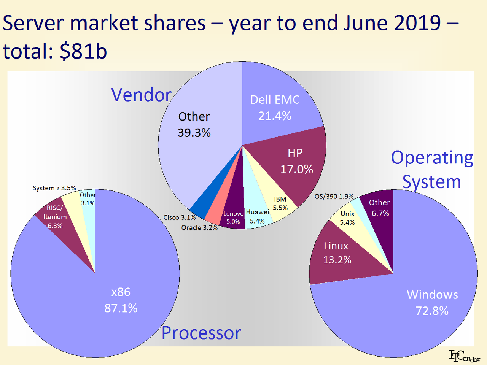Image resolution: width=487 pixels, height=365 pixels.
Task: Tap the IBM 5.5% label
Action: point(280,204)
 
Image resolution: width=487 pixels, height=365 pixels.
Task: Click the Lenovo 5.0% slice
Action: point(233,217)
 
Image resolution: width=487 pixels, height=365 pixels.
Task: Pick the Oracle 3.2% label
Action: point(199,227)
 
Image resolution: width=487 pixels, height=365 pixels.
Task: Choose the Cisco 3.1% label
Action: point(180,217)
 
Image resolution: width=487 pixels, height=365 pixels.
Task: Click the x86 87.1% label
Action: point(121,300)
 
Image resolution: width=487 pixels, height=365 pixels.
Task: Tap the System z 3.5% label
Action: point(54,188)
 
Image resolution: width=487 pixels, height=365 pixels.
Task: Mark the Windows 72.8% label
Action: point(432,303)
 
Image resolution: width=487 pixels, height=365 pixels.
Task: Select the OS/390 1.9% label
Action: point(334,197)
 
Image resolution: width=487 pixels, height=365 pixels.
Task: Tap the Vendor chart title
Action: point(141,95)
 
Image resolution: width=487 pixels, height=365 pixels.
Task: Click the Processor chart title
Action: point(201,333)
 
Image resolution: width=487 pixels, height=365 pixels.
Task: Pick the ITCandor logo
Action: point(464,356)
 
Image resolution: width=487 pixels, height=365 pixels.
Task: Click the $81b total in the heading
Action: point(83,51)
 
